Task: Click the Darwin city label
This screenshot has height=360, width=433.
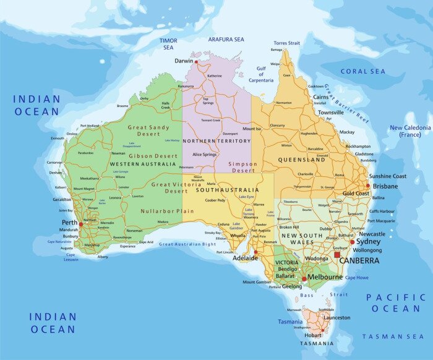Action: (x=184, y=61)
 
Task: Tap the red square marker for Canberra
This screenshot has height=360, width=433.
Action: (x=337, y=254)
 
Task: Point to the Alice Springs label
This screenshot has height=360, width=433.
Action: (x=205, y=154)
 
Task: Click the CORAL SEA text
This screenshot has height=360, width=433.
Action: (x=362, y=71)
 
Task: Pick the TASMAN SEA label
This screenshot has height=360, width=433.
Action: (x=393, y=336)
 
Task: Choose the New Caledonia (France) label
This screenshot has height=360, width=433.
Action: (x=409, y=131)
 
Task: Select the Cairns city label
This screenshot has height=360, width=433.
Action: (x=320, y=97)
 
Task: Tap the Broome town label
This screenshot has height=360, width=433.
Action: (x=122, y=106)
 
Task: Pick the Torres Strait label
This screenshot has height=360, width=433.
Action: (x=286, y=43)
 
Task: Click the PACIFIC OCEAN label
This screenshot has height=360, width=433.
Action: (x=396, y=302)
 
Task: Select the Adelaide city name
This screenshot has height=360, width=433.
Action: (x=244, y=258)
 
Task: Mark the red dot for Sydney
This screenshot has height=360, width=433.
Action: (x=353, y=242)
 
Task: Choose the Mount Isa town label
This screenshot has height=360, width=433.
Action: (x=252, y=129)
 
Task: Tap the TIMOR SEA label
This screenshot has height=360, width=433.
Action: (x=169, y=44)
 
